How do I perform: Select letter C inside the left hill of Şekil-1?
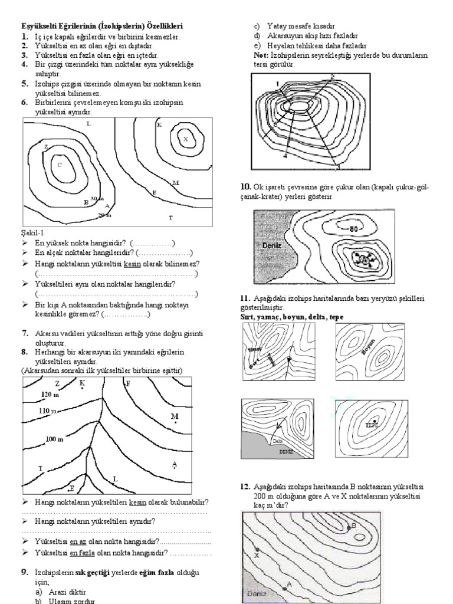59,165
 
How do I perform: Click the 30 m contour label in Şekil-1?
97,199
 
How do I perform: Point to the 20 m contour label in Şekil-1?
104,215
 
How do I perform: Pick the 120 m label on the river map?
50,394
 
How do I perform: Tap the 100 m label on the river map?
54,439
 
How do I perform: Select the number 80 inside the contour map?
353,228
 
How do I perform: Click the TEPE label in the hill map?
372,425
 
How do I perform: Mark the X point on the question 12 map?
257,555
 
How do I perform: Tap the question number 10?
245,187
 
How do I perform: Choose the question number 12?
245,487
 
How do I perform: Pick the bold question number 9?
25,572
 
